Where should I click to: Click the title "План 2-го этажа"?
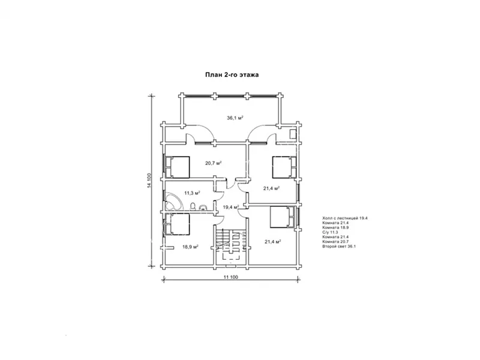(x=232, y=74)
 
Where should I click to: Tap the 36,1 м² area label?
(x=235, y=118)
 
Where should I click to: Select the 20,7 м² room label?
(x=214, y=163)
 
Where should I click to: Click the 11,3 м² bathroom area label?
(x=192, y=193)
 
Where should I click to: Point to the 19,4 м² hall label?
(x=230, y=207)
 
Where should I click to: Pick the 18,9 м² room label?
(x=190, y=247)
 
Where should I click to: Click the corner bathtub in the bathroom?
(x=172, y=201)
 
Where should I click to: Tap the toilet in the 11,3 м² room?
(x=193, y=206)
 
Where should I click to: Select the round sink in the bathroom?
(x=202, y=208)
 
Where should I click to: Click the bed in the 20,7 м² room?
(x=178, y=167)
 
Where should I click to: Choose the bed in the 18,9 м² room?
(x=178, y=224)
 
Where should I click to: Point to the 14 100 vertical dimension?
(x=149, y=181)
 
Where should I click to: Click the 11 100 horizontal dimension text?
(x=231, y=277)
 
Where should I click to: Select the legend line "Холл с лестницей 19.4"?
(x=344, y=218)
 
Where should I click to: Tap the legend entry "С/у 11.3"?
(x=330, y=232)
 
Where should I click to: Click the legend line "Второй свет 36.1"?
(x=339, y=246)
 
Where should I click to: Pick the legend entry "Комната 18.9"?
(x=335, y=227)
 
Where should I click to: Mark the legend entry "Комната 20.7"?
(x=335, y=242)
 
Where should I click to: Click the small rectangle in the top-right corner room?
(x=293, y=134)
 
